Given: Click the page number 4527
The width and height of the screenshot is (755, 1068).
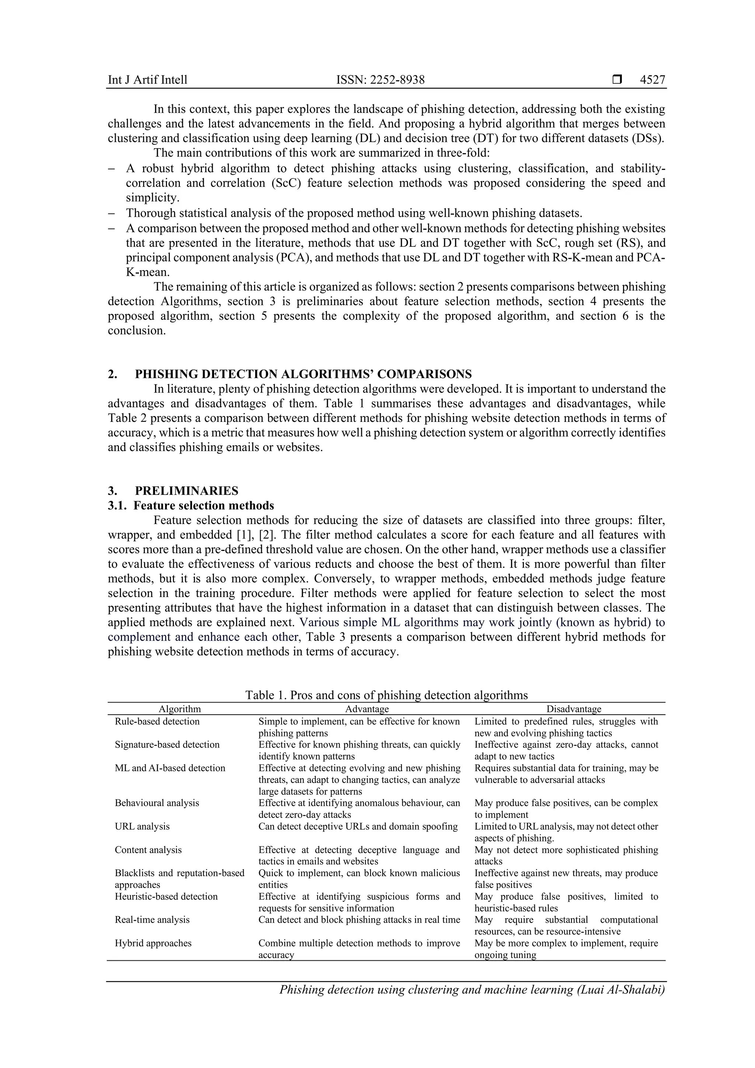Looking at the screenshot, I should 652,80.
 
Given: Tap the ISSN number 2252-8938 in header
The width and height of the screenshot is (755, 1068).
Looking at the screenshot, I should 380,80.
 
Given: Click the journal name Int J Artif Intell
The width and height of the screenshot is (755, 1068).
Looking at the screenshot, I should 147,80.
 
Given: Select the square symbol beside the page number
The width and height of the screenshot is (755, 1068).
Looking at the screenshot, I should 617,80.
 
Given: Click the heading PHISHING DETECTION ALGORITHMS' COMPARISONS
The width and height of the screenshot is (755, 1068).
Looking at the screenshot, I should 303,374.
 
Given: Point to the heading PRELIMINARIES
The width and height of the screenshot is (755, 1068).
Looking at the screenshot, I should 187,491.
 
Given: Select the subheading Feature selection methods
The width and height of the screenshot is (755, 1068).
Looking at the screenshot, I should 203,506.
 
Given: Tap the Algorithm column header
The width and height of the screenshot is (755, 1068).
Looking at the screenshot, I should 180,709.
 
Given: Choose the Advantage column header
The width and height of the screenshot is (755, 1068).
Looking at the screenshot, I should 367,709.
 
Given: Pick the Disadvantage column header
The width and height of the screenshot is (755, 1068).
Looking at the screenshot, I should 574,709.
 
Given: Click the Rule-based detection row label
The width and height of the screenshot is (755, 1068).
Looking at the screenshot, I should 157,721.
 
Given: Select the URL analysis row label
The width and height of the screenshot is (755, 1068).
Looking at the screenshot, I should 142,826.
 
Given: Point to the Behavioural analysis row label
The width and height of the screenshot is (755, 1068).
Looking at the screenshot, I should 157,803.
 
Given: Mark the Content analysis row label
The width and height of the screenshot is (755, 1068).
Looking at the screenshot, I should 148,850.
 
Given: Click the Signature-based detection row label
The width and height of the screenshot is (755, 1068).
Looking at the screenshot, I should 167,745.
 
